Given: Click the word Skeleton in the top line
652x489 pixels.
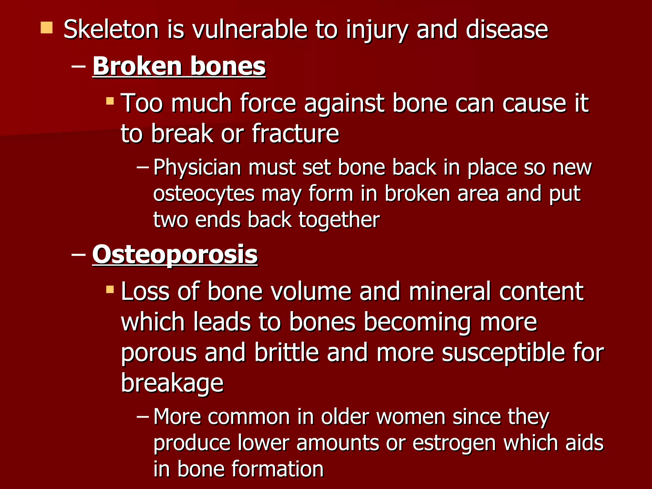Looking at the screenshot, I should pos(111,29).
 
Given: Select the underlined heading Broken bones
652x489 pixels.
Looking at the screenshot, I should pos(179,66).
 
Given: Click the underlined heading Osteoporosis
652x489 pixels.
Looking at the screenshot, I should pos(175,255).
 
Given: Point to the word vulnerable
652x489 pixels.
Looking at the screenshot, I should pos(250,29).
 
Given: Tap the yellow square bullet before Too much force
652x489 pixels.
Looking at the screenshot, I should pos(110,101).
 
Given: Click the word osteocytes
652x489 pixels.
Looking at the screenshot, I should pos(204,194).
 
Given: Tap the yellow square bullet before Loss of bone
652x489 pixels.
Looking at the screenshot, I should pos(110,289).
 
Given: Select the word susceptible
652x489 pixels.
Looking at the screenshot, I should pos(503,353).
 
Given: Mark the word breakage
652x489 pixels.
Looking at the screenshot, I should pos(172,383).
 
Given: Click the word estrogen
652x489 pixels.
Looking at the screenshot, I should pos(454,443).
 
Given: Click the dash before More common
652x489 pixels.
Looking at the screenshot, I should pos(143,416).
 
